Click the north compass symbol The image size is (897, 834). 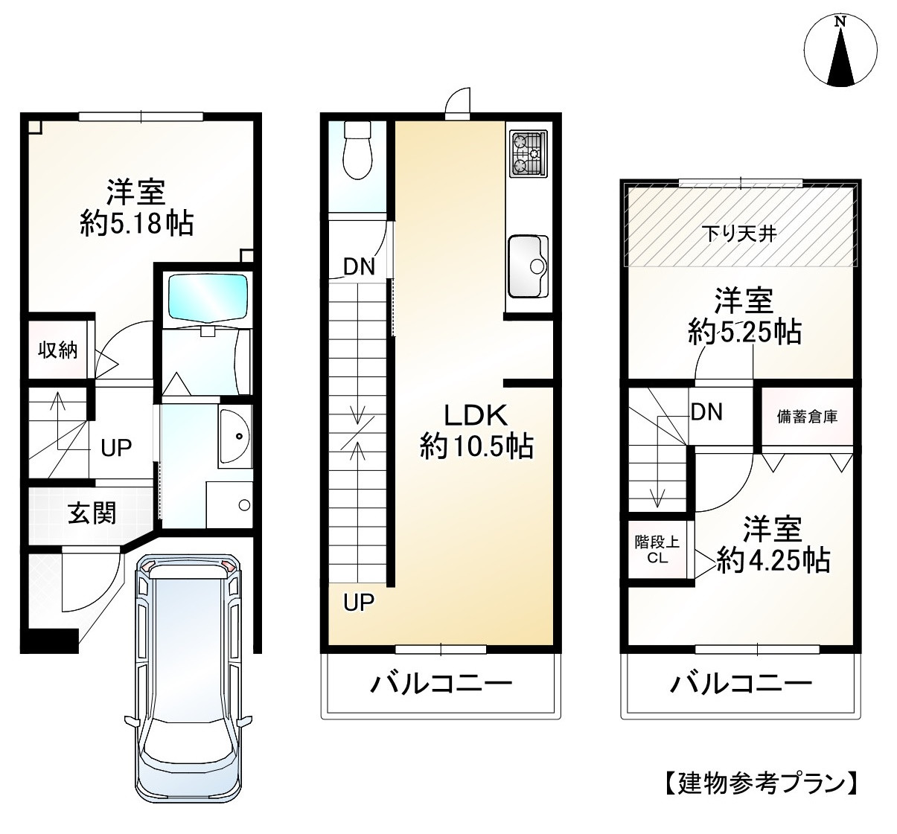point(841,51)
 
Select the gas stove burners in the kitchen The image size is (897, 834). point(528,155)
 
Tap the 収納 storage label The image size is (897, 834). point(58,350)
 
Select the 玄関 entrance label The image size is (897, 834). point(92,513)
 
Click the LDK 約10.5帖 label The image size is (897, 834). point(476,431)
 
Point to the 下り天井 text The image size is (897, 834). point(740,234)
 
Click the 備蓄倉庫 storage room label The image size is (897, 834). point(807,417)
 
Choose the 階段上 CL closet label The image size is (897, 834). point(657,550)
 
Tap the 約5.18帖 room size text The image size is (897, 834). point(137,222)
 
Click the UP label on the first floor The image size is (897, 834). point(116,447)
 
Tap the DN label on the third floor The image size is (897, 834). point(706,411)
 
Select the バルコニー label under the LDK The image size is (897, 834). point(442,684)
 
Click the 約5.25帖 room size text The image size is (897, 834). point(744,332)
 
